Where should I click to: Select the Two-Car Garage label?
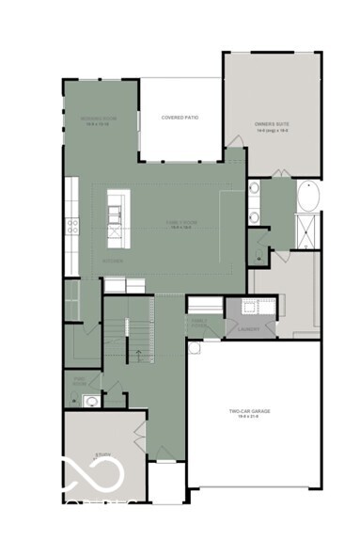point(250,412)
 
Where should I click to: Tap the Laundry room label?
point(249,329)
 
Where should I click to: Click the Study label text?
point(102,456)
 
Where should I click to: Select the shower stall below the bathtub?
point(307,230)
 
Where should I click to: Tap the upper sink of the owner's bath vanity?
point(254,189)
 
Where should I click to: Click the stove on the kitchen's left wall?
point(71,224)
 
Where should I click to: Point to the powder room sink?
point(90,401)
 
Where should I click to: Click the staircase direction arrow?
point(139,355)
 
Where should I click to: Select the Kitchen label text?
point(114,261)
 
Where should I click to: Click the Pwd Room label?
point(80,381)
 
